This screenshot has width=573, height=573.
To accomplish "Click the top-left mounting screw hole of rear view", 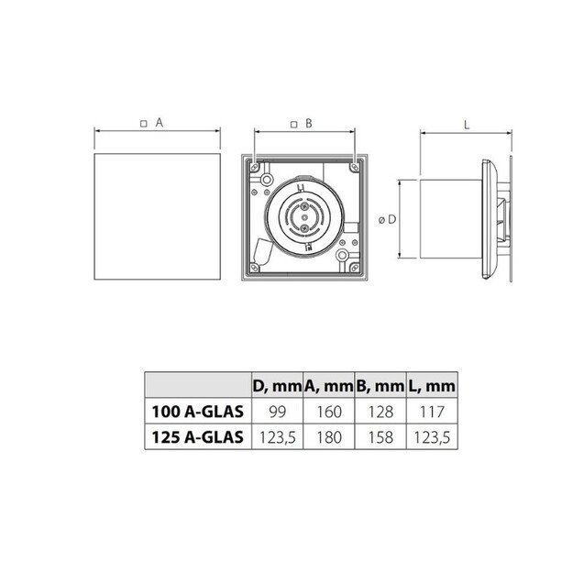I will tap(251, 166).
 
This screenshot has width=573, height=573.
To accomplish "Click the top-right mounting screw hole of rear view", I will tap(355, 166).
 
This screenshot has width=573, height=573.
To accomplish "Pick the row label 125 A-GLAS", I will tap(196, 437).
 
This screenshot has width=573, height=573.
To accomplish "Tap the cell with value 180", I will tap(328, 437).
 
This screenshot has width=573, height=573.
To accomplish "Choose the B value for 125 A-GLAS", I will tap(380, 437).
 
